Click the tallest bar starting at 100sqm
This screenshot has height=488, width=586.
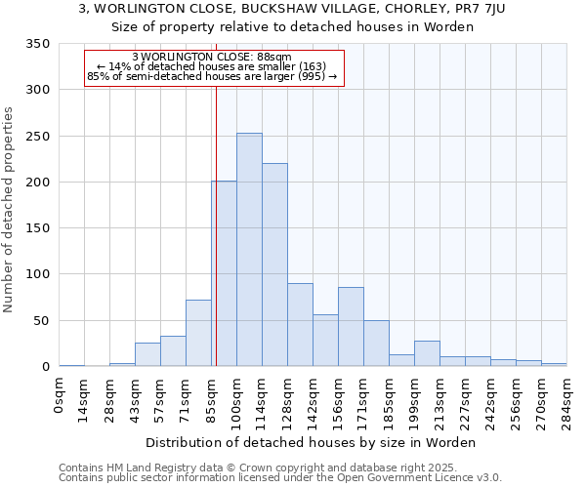pyautogui.click(x=249, y=250)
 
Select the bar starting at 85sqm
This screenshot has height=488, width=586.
pyautogui.click(x=224, y=273)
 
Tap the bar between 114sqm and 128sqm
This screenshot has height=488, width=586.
pyautogui.click(x=274, y=264)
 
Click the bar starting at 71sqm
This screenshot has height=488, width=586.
pyautogui.click(x=198, y=333)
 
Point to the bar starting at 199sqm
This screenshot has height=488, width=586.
pyautogui.click(x=427, y=353)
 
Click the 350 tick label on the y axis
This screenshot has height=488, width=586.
pyautogui.click(x=37, y=44)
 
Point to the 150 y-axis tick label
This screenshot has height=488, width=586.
pyautogui.click(x=37, y=228)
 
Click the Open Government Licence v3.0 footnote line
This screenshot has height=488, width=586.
pyautogui.click(x=280, y=478)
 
